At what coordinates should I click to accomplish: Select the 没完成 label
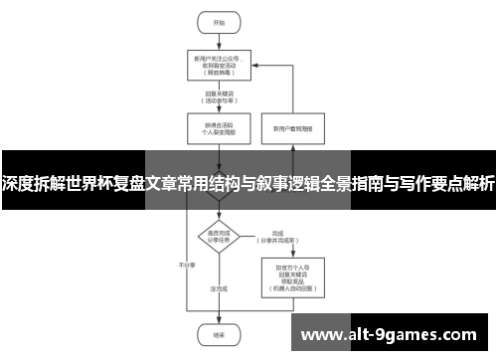220,288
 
